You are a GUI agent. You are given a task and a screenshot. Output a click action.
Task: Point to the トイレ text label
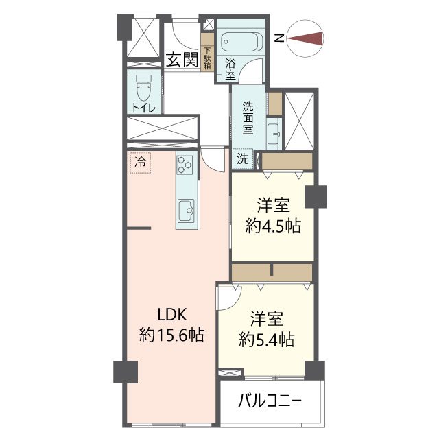click(143, 108)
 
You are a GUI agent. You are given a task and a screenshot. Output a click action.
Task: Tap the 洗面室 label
click(248, 119)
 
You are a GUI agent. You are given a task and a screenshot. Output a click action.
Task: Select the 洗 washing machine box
click(243, 158)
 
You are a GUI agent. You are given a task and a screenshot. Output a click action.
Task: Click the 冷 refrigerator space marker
click(140, 163)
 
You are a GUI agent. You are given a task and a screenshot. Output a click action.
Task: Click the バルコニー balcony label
click(270, 401)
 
